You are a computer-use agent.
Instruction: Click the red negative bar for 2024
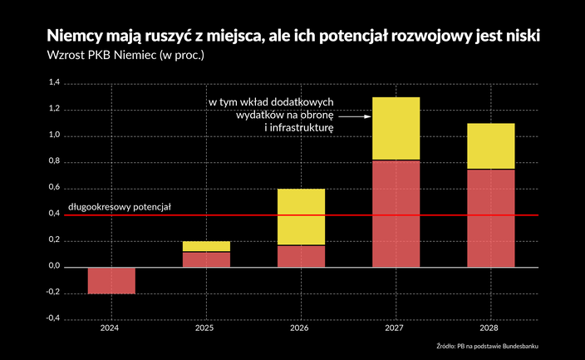click(x=111, y=280)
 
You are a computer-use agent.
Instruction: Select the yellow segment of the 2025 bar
click(x=206, y=246)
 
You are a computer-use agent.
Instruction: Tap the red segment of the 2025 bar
click(x=206, y=259)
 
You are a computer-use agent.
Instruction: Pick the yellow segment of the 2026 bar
click(x=301, y=217)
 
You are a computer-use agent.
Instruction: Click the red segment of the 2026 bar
click(x=301, y=256)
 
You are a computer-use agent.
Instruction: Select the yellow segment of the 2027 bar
click(x=396, y=128)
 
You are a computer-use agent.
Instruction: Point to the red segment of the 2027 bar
click(x=396, y=214)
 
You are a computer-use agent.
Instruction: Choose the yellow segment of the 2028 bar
click(x=490, y=145)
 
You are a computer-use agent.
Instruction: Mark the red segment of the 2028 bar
click(x=490, y=218)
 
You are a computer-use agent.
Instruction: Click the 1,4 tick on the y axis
click(x=54, y=83)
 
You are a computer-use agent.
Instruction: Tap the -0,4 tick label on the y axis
click(x=52, y=319)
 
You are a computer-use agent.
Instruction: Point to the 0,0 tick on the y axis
click(x=54, y=267)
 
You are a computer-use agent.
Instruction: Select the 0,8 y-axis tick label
click(x=54, y=162)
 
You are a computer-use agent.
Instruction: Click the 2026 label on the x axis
click(x=301, y=328)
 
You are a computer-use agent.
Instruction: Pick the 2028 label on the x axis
click(x=490, y=328)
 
